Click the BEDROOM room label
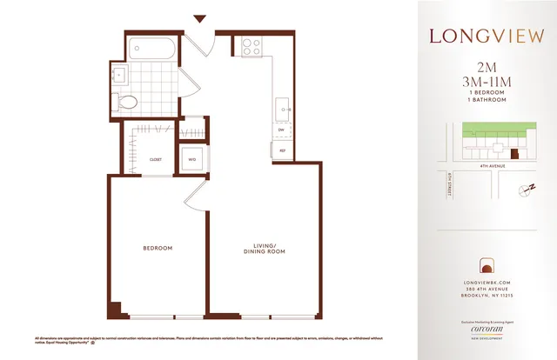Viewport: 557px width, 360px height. (x=158, y=249)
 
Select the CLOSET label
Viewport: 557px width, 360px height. (x=156, y=160)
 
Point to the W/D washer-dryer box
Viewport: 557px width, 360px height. (x=191, y=158)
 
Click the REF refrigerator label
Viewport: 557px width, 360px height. (x=283, y=151)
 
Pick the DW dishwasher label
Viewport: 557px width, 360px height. (x=282, y=130)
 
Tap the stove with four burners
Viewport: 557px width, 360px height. (x=252, y=45)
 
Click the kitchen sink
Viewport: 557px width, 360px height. (x=283, y=108)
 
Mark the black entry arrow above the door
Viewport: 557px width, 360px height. (x=199, y=18)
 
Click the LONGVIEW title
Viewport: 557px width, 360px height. (x=487, y=37)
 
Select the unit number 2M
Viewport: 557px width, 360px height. (x=487, y=68)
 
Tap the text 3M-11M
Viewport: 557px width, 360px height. (x=487, y=83)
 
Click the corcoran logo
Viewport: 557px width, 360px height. (x=487, y=332)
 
